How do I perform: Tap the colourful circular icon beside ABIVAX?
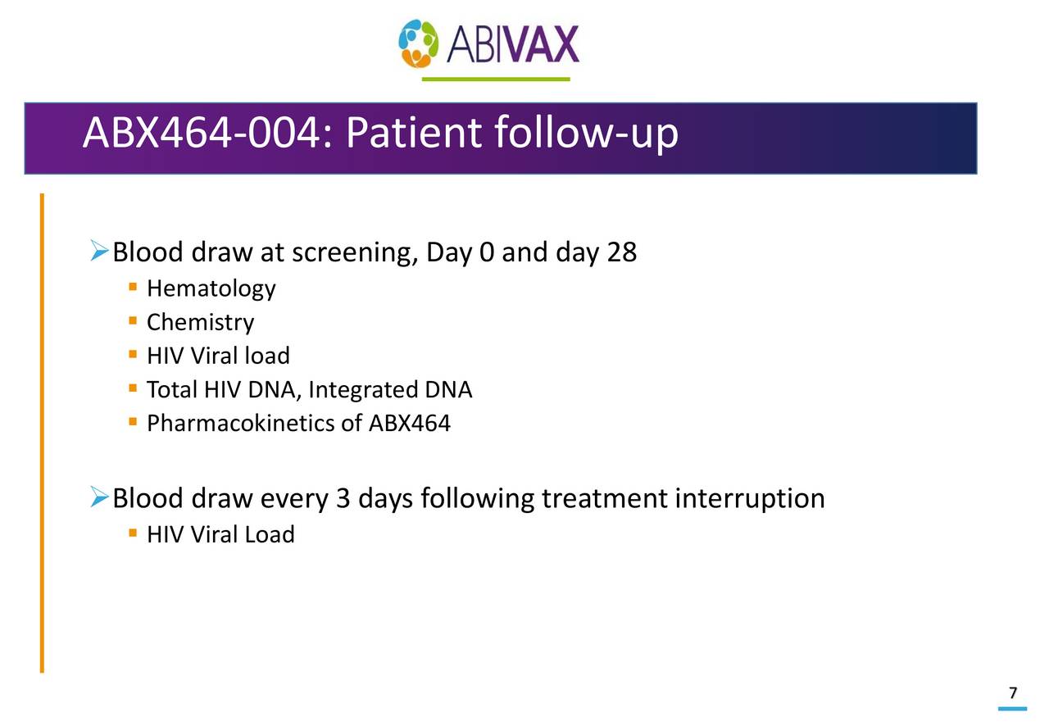419,44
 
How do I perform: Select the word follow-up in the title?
586,135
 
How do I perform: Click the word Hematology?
211,289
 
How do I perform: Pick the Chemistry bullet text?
200,323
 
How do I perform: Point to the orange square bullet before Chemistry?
132,322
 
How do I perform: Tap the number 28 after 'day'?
621,252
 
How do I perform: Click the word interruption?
749,499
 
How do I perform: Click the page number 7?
1013,693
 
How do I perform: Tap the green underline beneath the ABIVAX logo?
496,79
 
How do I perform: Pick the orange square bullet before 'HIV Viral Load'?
132,534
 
